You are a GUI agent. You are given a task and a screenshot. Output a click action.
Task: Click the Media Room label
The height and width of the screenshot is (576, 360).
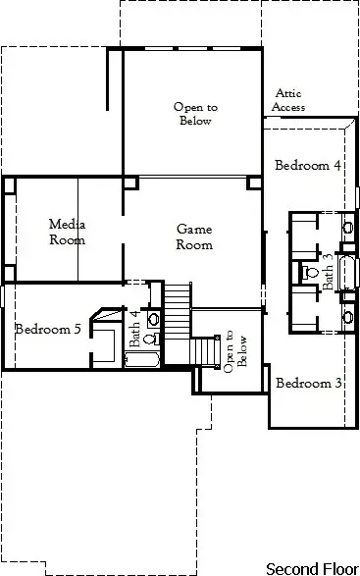click(67, 232)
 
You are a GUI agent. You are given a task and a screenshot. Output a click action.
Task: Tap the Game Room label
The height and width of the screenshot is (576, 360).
click(193, 236)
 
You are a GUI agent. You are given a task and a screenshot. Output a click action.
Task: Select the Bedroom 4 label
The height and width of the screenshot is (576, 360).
click(307, 165)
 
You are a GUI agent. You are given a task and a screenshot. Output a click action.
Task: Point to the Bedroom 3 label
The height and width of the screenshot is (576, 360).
click(308, 383)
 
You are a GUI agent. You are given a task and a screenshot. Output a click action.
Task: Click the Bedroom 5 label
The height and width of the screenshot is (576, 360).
click(48, 329)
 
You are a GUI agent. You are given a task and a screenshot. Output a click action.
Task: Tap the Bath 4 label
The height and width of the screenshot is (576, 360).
click(135, 329)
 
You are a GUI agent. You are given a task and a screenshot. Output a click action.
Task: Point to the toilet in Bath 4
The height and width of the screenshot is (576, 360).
click(150, 339)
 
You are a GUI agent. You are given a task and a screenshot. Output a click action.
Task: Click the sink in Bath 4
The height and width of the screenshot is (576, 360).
click(152, 319)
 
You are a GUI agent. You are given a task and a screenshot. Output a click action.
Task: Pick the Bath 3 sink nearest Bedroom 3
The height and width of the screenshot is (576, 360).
click(347, 317)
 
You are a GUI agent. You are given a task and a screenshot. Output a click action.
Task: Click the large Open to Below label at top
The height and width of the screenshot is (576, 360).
click(192, 113)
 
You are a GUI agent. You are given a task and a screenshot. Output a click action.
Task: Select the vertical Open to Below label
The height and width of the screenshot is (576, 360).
click(230, 350)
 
